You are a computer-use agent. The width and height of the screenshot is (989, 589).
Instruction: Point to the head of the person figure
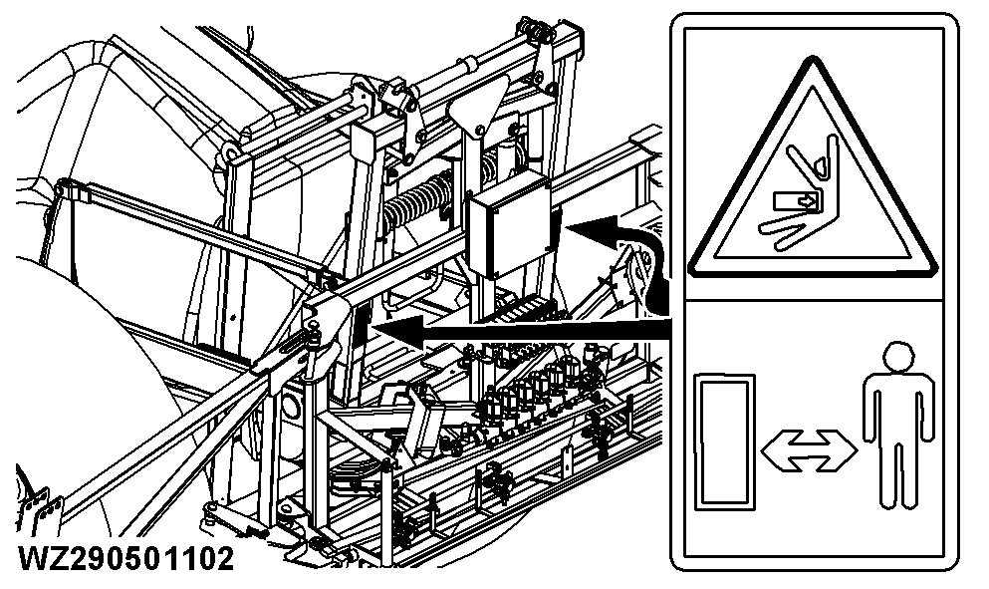pos(895,357)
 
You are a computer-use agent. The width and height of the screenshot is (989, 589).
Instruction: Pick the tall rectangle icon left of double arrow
pos(723,440)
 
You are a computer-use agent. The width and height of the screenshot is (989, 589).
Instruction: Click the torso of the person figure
pos(895,409)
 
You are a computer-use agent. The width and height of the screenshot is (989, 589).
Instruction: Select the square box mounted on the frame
pos(510,227)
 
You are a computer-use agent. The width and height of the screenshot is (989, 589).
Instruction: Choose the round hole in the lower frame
pos(291,404)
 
